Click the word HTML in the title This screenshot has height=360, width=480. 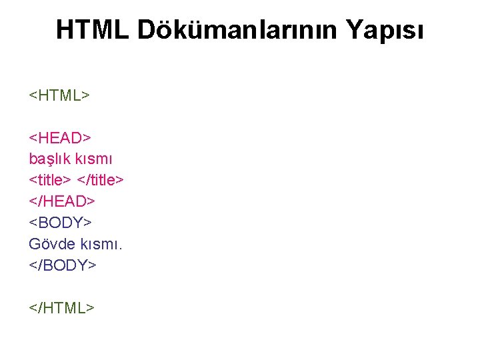point(93,29)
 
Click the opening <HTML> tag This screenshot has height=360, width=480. point(59,95)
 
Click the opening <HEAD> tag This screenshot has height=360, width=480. point(60,138)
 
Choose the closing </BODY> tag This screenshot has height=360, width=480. point(63,265)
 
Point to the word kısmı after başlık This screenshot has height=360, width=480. point(95,159)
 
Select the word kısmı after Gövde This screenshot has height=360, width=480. point(99,244)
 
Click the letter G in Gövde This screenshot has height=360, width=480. point(35,244)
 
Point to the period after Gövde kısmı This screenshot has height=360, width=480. point(120,249)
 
